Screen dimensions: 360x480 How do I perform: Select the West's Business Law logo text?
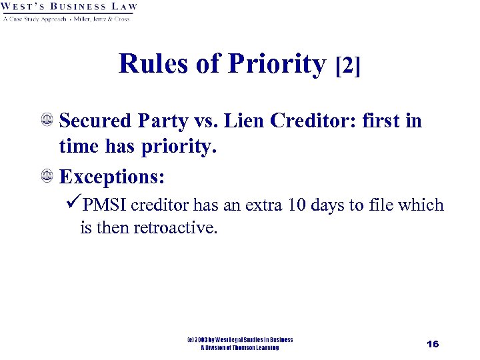coord(69,7)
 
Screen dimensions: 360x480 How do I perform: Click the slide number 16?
coord(433,344)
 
